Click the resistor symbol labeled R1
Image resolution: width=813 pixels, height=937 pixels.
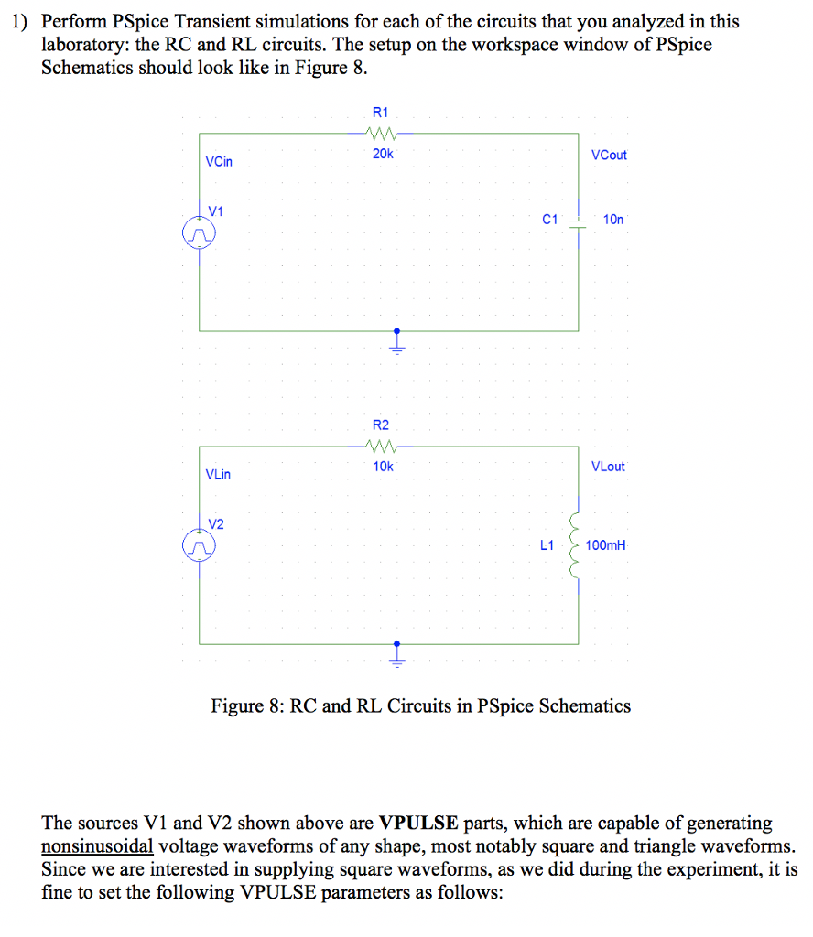[382, 134]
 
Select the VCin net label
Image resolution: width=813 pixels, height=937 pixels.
[220, 162]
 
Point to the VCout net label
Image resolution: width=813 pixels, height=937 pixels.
[609, 155]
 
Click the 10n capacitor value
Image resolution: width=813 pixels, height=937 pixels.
[612, 221]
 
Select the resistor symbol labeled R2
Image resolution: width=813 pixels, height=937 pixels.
[381, 447]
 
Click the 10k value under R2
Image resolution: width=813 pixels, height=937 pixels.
[383, 467]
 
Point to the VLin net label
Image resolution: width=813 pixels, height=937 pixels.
[219, 475]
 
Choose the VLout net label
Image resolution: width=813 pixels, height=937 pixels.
[609, 467]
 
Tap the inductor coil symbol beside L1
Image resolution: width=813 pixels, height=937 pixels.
[577, 544]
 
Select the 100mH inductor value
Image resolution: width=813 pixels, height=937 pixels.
[607, 545]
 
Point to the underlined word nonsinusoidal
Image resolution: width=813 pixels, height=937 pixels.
[97, 845]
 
